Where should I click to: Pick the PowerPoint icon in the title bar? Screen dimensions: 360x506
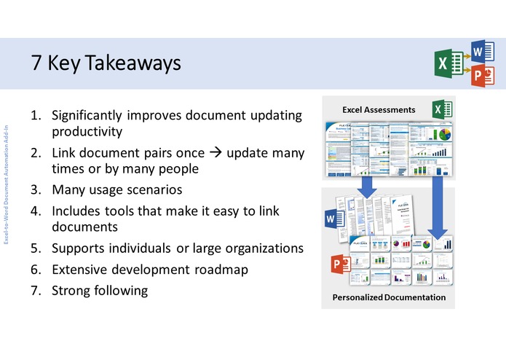pos(480,76)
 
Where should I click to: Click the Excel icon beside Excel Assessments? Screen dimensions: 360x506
pos(441,109)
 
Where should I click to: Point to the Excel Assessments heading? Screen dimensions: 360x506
pos(379,109)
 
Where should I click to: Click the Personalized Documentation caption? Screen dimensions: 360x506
pos(389,297)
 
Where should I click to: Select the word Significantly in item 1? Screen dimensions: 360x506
pos(90,115)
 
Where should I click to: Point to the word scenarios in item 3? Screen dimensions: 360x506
pos(157,190)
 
